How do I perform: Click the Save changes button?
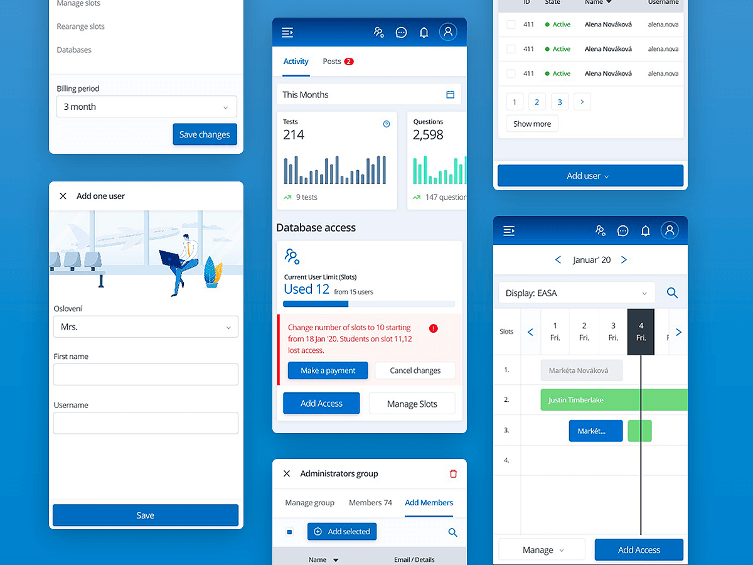(x=205, y=134)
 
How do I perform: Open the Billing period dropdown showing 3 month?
(x=146, y=107)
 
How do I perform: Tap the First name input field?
(x=146, y=374)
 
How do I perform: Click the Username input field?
(x=146, y=423)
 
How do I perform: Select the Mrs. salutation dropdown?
(x=146, y=327)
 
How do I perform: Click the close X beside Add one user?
(x=63, y=196)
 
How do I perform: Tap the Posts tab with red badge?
(x=338, y=62)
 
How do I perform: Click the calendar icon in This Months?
(x=450, y=95)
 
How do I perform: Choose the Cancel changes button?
(x=415, y=370)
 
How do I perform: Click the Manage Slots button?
(x=412, y=404)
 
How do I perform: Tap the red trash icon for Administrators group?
(x=454, y=474)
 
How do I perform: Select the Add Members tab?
(x=429, y=503)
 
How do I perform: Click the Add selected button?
(x=342, y=532)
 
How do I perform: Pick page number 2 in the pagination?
(x=537, y=102)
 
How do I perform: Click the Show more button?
(x=531, y=124)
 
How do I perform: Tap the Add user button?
(x=590, y=176)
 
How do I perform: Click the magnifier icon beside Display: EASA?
(x=672, y=293)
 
